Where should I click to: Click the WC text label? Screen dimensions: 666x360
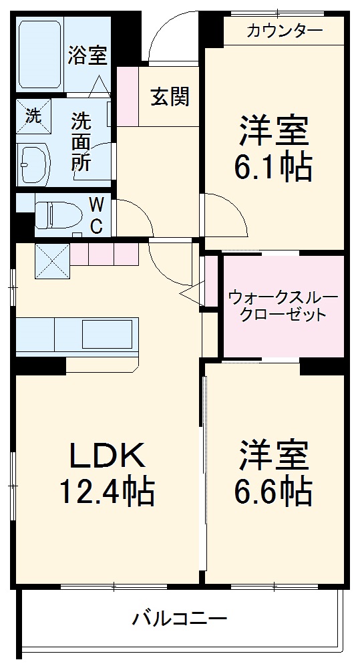96,216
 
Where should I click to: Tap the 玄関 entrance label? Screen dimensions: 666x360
169,97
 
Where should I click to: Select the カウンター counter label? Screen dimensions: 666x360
284,30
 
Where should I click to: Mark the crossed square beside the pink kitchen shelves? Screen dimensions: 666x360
51,261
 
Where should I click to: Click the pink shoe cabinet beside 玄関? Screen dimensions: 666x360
127,96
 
